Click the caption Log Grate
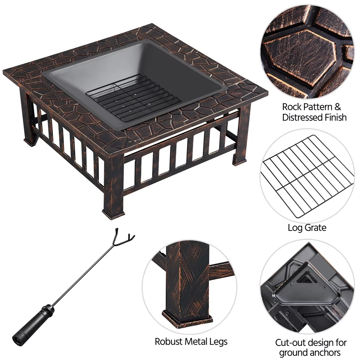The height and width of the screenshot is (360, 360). (x=307, y=228)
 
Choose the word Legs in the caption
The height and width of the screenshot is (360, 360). (x=218, y=341)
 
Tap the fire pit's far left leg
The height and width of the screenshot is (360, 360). (x=29, y=119)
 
